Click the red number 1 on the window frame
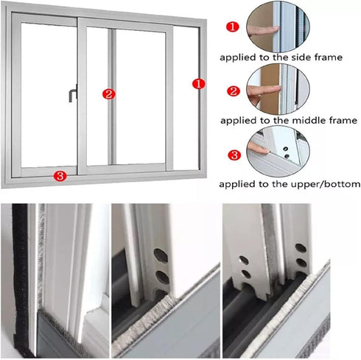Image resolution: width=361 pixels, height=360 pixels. tap(197, 83)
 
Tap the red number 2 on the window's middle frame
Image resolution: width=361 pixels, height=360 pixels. tap(108, 93)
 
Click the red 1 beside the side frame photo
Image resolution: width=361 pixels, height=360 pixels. tap(232, 27)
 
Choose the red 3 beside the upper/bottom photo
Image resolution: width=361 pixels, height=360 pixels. tap(233, 155)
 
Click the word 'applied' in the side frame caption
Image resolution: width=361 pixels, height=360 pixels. tap(239, 57)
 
